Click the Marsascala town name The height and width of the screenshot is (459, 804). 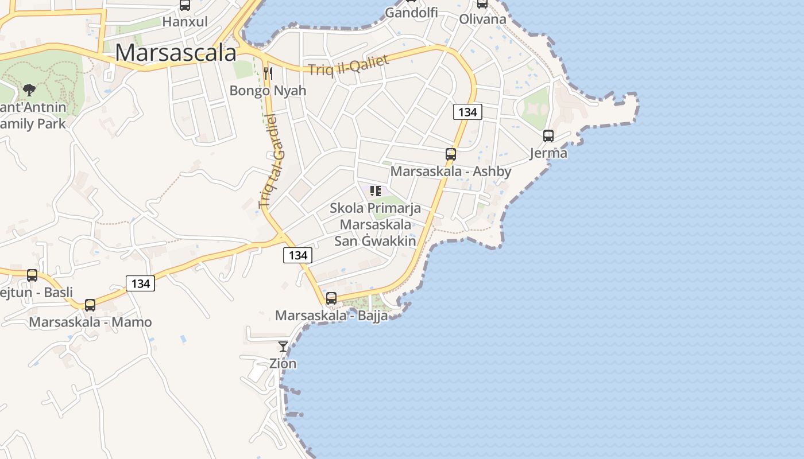176,53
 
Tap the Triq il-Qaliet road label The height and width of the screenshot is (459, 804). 349,65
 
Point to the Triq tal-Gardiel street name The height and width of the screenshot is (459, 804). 272,162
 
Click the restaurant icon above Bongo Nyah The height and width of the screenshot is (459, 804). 268,73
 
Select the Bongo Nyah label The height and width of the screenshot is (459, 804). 268,91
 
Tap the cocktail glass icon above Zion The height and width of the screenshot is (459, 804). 283,346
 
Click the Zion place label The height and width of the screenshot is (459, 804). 283,363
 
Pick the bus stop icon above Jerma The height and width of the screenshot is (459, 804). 548,136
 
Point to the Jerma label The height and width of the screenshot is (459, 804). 548,153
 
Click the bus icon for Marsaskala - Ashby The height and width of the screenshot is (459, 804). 451,154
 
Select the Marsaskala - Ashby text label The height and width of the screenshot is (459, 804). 451,172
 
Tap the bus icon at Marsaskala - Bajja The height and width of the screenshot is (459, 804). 331,298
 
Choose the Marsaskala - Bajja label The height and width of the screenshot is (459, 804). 331,316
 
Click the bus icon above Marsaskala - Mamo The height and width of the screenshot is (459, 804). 90,305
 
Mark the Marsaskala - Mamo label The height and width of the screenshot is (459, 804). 90,322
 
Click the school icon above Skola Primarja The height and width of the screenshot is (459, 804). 376,191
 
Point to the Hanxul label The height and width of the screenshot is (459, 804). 184,22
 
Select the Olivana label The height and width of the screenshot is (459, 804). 482,19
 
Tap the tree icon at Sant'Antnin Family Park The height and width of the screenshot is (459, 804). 29,90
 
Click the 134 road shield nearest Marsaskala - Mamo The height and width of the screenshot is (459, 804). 140,283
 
